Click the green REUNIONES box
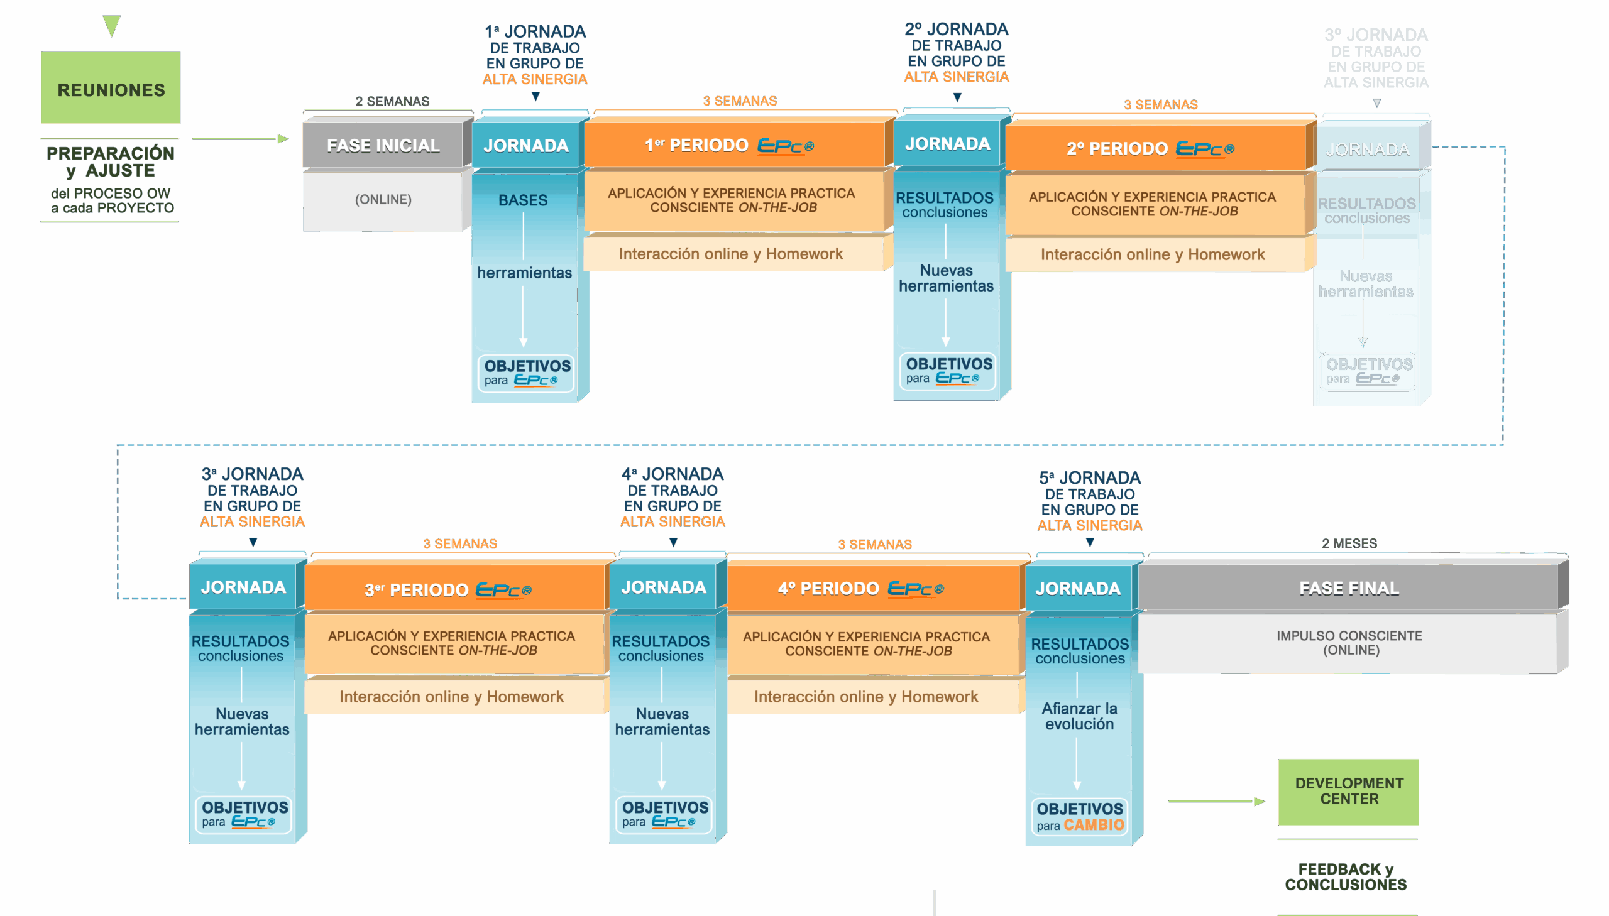click(x=111, y=88)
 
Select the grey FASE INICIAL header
click(x=383, y=145)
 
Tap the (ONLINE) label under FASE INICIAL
click(x=383, y=199)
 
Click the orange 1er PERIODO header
click(x=733, y=145)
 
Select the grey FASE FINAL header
click(x=1349, y=587)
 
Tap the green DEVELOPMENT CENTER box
click(x=1349, y=791)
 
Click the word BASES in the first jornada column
click(x=523, y=200)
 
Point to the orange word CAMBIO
click(x=1094, y=825)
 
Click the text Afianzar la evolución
click(x=1079, y=716)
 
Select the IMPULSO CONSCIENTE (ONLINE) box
click(x=1349, y=642)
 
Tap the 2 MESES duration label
click(x=1349, y=543)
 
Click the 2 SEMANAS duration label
click(x=392, y=101)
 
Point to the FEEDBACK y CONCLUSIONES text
click(x=1346, y=876)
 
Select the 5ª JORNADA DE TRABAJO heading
click(x=1090, y=501)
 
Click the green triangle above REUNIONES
click(x=111, y=26)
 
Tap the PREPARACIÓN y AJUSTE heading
click(x=111, y=161)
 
